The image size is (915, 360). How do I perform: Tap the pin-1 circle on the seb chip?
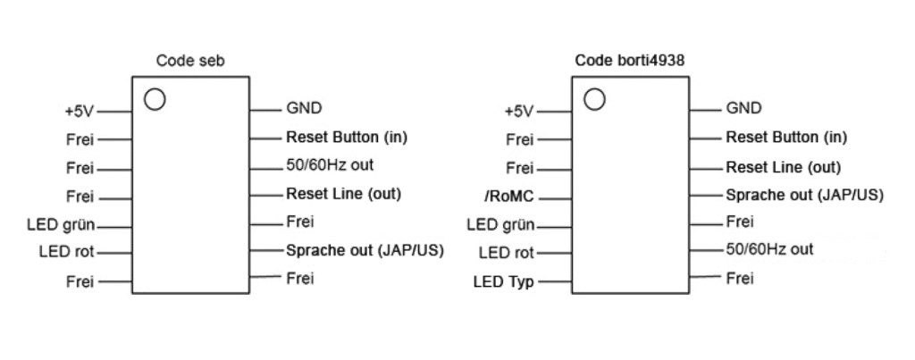click(x=155, y=98)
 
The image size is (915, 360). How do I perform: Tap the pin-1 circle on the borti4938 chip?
click(x=594, y=98)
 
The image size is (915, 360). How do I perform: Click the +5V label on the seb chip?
click(x=77, y=112)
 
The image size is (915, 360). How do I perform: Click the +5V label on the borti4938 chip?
click(x=517, y=112)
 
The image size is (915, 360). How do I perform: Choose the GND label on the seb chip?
click(x=304, y=109)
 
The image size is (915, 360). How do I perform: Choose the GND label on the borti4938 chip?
click(x=743, y=109)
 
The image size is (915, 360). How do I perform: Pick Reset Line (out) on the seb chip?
click(x=343, y=193)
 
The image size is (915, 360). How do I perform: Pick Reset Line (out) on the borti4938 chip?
click(x=783, y=165)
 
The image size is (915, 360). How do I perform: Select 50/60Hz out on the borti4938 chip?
click(x=769, y=248)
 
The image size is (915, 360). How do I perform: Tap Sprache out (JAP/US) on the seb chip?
click(x=365, y=249)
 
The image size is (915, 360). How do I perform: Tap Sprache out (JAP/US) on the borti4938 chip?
click(x=804, y=194)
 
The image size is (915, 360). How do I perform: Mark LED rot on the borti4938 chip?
click(x=506, y=254)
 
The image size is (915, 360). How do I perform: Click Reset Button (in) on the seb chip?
click(x=347, y=138)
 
